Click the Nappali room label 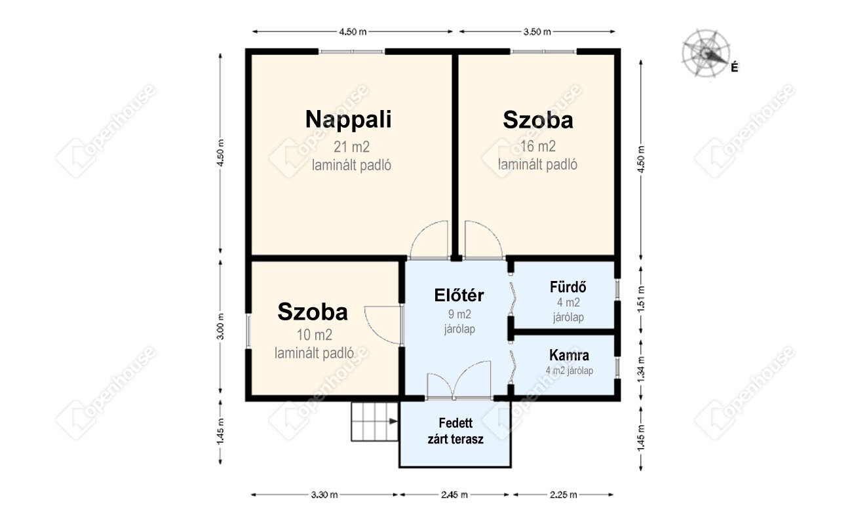pos(348,120)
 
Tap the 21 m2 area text pos(351,147)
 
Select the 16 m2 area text pos(537,146)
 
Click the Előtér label pos(459,295)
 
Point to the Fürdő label pos(568,287)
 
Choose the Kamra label pos(569,355)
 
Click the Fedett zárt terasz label pos(455,431)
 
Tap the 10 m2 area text pos(315,335)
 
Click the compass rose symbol pos(706,54)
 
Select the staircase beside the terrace pos(375,422)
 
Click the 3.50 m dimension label pos(537,32)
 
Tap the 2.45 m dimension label pos(454,495)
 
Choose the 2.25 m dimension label pos(564,495)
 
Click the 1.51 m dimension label pos(641,299)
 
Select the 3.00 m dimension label pos(222,326)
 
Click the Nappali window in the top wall pos(351,51)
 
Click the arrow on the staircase pos(393,421)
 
